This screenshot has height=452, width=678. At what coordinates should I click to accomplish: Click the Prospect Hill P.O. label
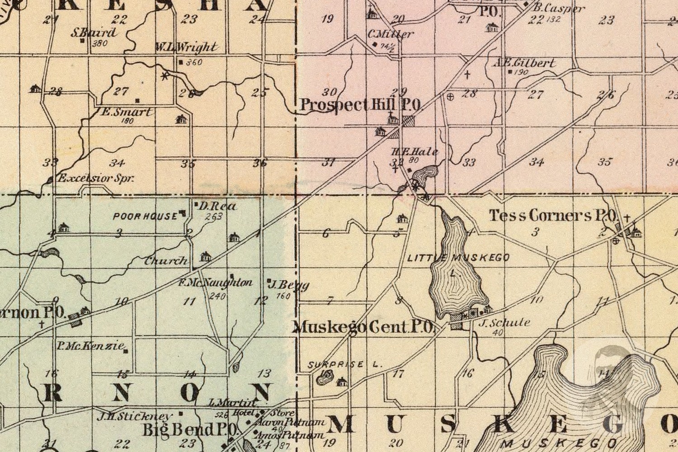pyautogui.click(x=361, y=105)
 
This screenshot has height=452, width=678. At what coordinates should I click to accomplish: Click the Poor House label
pyautogui.click(x=145, y=216)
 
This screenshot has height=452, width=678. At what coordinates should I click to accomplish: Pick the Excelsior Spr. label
pyautogui.click(x=96, y=179)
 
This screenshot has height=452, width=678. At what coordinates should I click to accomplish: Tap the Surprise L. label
pyautogui.click(x=345, y=364)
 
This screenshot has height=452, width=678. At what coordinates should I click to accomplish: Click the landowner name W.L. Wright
pyautogui.click(x=186, y=47)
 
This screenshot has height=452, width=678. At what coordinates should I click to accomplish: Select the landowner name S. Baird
pyautogui.click(x=93, y=33)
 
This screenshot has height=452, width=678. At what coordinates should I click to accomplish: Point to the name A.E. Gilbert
pyautogui.click(x=524, y=63)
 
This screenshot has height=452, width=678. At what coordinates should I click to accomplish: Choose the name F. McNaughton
pyautogui.click(x=215, y=283)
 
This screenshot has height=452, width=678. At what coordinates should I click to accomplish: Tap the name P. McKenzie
pyautogui.click(x=90, y=346)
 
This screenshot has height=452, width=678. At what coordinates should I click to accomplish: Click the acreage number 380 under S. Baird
pyautogui.click(x=99, y=44)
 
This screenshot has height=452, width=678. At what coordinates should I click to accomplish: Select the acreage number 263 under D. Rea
pyautogui.click(x=213, y=217)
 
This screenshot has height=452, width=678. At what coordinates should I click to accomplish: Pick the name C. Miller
pyautogui.click(x=390, y=34)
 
